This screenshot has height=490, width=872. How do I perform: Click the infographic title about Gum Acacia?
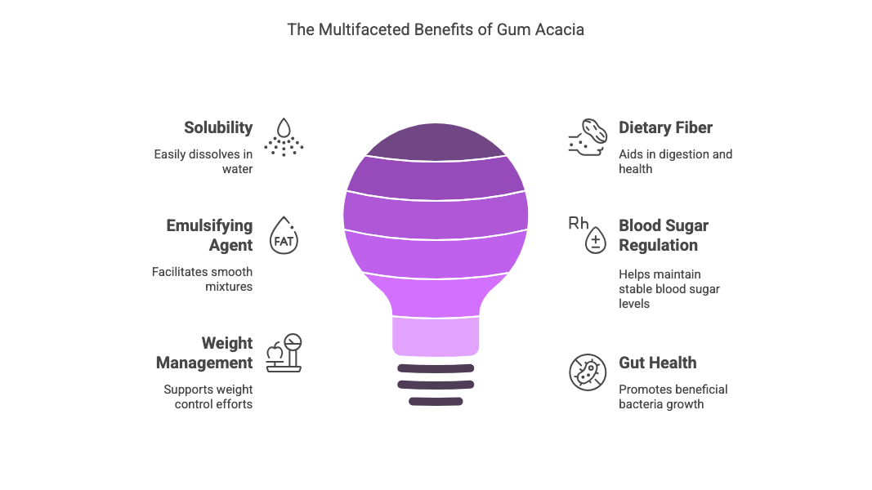click(436, 29)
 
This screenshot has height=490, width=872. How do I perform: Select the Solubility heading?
click(218, 127)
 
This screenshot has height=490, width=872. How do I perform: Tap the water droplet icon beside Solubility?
click(284, 136)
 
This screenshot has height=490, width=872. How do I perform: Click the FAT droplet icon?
click(284, 236)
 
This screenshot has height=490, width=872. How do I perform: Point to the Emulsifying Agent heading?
click(209, 235)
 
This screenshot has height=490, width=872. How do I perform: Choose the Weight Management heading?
click(204, 353)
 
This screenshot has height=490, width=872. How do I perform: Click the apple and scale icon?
click(284, 354)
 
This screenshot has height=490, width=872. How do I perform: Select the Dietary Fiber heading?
click(665, 127)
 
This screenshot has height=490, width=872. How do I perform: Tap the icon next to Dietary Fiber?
click(587, 136)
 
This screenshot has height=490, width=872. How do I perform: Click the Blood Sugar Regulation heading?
click(663, 235)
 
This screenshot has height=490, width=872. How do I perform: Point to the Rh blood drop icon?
click(588, 234)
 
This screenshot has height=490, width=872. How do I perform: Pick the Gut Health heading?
click(657, 363)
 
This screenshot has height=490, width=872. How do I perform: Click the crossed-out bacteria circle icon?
click(588, 372)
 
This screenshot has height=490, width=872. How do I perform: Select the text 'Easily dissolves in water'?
click(203, 161)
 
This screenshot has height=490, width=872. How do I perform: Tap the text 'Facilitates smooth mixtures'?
click(202, 278)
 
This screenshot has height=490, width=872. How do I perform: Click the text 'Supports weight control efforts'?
click(208, 396)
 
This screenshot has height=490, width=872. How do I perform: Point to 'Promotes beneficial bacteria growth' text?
click(673, 396)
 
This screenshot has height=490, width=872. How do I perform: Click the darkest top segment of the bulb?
click(435, 142)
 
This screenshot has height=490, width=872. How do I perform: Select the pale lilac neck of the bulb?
click(436, 336)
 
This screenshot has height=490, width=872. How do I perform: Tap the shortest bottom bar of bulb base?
click(436, 401)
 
